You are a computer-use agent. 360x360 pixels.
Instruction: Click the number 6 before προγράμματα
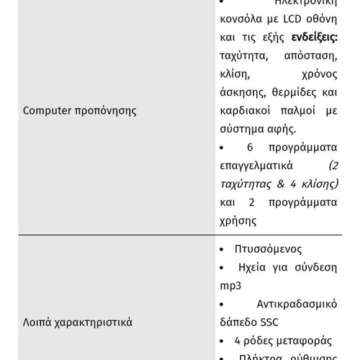250,148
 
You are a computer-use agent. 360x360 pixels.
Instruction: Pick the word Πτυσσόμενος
268,249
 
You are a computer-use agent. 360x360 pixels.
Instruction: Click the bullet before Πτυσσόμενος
220,249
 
